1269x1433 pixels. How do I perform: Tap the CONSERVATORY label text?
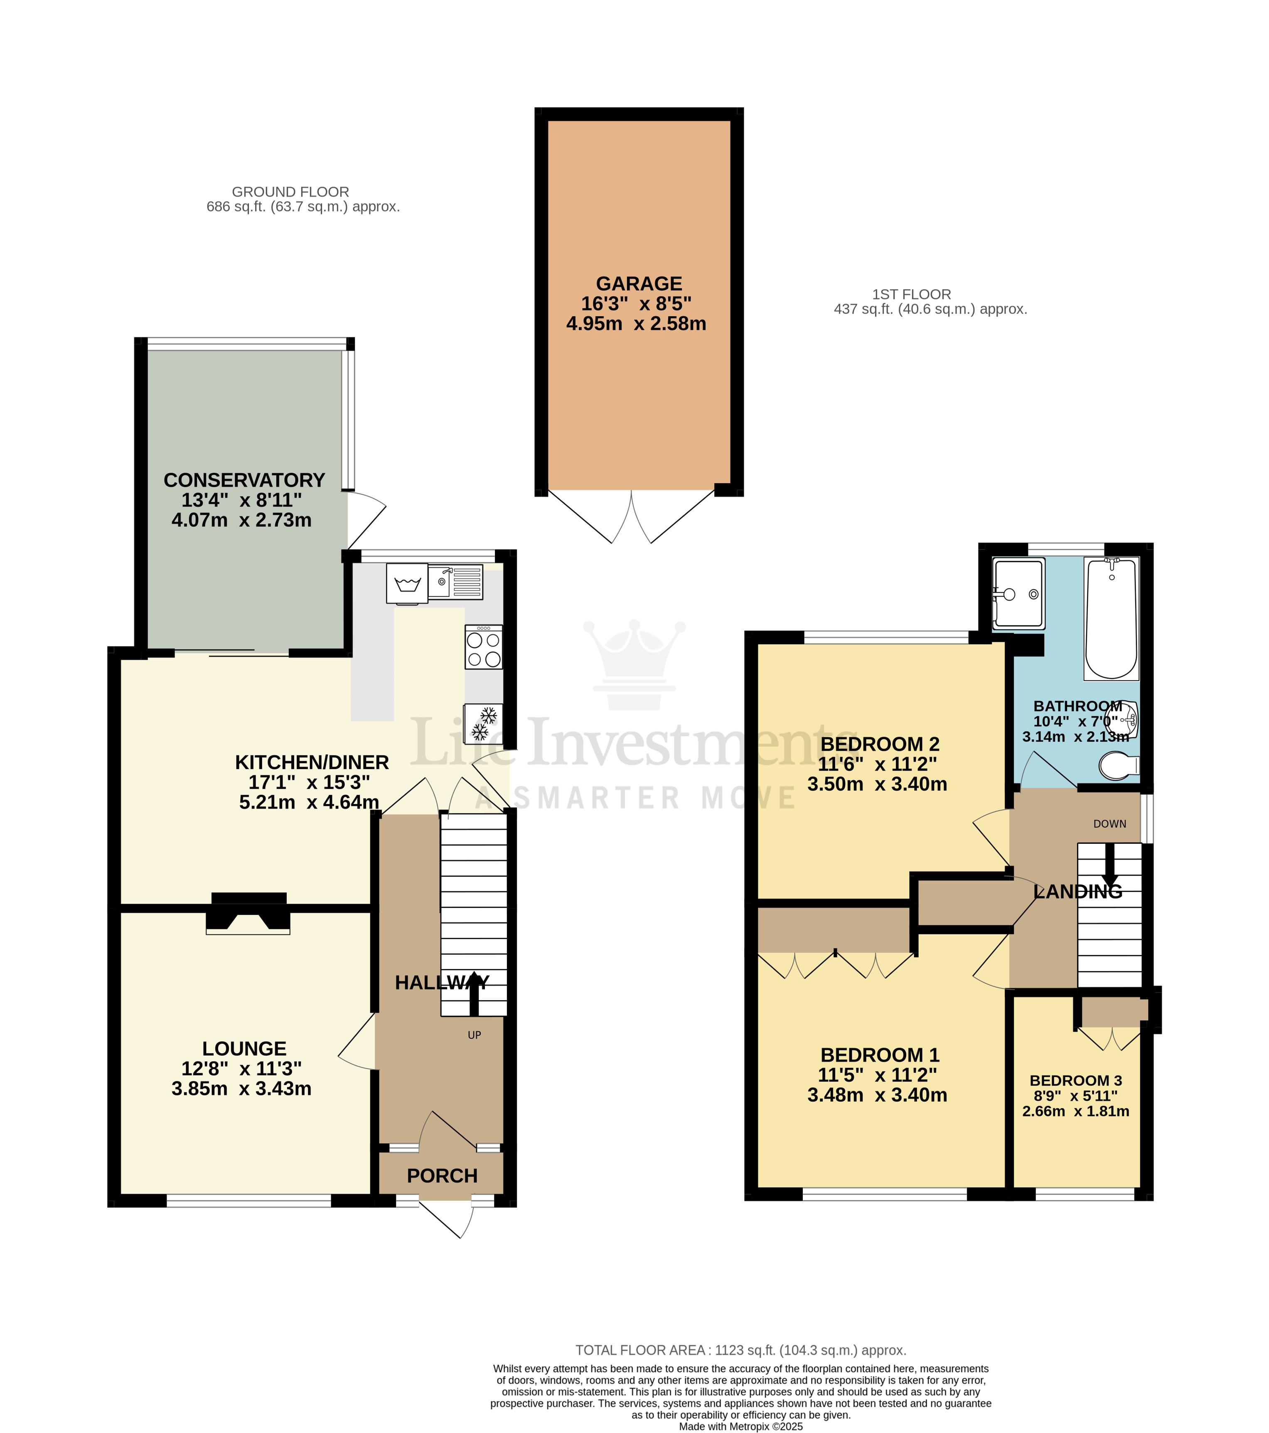[244, 480]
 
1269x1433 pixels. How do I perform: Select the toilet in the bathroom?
[1118, 766]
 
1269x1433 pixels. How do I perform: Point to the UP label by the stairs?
[474, 1035]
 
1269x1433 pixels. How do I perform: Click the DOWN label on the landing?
[1110, 824]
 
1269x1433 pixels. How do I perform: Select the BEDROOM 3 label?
[1075, 1080]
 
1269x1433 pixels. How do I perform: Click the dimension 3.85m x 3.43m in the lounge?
[241, 1089]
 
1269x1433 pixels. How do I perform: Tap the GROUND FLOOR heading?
[290, 192]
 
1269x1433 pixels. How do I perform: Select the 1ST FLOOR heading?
[911, 295]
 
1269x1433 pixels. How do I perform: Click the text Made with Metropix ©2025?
[740, 1426]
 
